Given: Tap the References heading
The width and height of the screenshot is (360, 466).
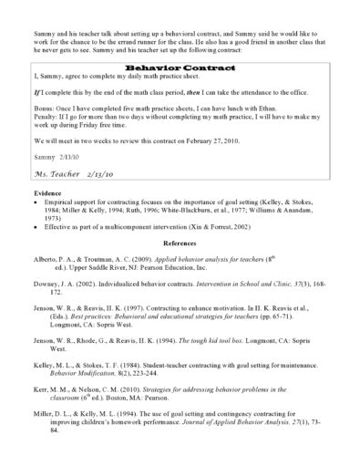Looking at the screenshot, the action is coord(180,255).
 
